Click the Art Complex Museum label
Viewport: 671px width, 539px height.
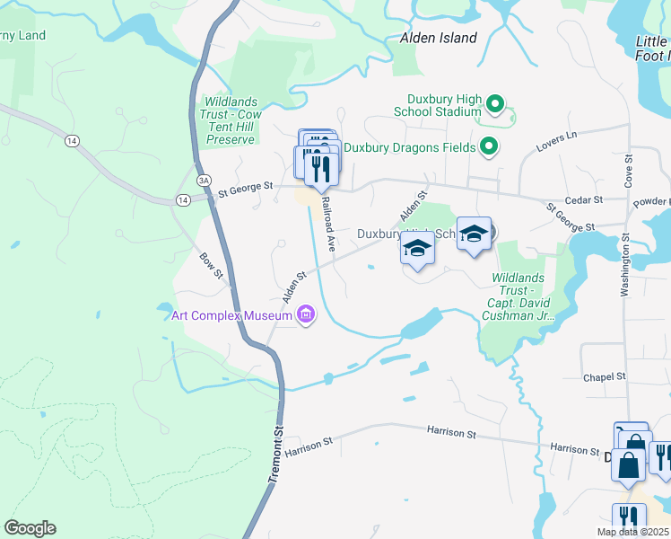click(231, 315)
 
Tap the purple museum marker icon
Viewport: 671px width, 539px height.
click(306, 315)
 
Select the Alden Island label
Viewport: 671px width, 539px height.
click(438, 38)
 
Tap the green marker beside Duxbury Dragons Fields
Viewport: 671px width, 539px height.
click(488, 146)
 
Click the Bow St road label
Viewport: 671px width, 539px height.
click(212, 265)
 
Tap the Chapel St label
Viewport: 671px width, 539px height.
click(604, 377)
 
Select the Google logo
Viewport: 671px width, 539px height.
click(30, 528)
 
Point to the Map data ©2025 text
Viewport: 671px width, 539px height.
click(633, 532)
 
